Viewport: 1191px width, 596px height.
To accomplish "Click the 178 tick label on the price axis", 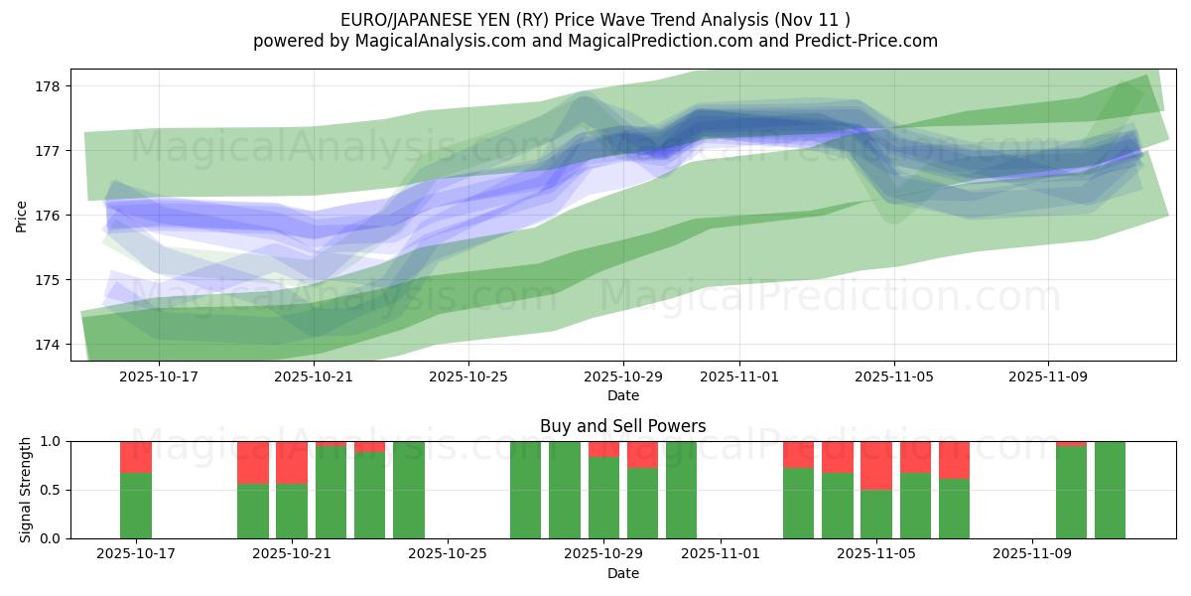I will coord(49,85).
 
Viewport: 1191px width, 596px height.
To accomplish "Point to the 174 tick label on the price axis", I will coord(49,345).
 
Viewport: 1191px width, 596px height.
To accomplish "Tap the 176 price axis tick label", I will coord(49,216).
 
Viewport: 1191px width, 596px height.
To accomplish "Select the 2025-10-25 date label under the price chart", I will coord(468,376).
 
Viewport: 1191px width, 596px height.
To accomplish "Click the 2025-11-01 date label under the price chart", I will coord(738,376).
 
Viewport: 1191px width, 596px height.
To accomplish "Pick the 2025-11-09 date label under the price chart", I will coord(1048,376).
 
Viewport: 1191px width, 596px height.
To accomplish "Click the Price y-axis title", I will coord(22,216).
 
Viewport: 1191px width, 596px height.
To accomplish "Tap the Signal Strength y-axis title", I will coord(26,490).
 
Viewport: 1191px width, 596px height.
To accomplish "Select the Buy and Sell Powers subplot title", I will coord(623,426).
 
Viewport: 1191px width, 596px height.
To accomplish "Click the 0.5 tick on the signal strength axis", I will coord(50,490).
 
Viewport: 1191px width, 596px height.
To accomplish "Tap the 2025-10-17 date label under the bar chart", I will coord(136,553).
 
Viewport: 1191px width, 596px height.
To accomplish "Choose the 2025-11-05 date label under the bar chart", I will coord(876,553).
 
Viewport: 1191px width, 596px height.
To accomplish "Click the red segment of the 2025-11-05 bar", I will coord(876,465).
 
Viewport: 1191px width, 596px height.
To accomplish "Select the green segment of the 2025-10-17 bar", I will coord(136,506).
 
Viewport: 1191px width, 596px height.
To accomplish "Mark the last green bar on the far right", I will coord(1110,490).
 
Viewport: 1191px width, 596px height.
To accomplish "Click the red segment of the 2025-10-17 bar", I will coord(136,457).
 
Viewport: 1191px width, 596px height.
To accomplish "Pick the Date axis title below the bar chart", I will coord(623,573).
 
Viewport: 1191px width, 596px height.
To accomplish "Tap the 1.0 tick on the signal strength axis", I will coord(50,441).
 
